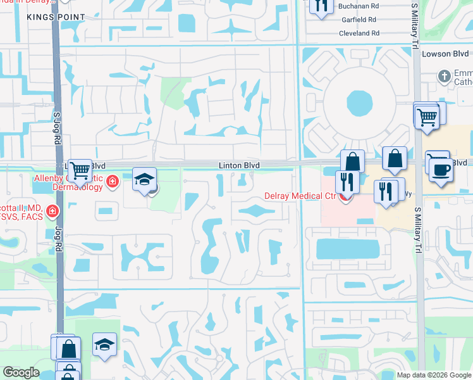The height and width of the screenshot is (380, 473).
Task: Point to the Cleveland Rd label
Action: point(359,33)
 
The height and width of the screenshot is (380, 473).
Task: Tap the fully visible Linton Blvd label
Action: point(239,165)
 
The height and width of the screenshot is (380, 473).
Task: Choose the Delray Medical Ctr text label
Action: point(295,196)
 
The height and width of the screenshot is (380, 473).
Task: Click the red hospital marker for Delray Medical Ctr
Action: point(345,197)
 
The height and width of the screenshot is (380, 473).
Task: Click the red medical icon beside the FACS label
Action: point(54,210)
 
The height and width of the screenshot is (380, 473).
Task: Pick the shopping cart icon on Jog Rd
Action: point(80,170)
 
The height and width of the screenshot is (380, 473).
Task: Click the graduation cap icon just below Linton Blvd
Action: point(144,179)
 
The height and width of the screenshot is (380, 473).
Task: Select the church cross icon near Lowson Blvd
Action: point(445,76)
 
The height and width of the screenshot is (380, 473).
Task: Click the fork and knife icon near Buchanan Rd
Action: point(322,6)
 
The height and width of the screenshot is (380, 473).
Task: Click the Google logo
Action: point(21,373)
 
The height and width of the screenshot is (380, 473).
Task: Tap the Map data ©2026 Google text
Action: point(433,375)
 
